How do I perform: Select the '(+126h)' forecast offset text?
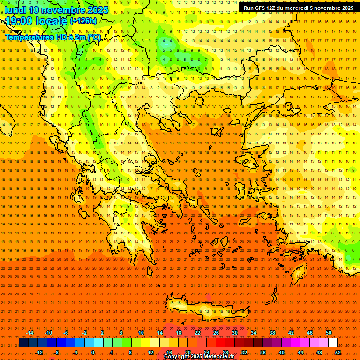point(83,21)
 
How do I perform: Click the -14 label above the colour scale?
point(30,333)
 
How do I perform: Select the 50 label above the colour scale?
point(328,333)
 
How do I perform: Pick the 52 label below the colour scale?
point(338,352)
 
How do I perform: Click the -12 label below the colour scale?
point(39,352)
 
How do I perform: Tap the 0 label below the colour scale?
point(93,352)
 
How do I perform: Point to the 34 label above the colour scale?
point(253,333)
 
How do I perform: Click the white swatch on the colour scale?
point(333,343)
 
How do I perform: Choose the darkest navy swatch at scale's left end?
point(23,343)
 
